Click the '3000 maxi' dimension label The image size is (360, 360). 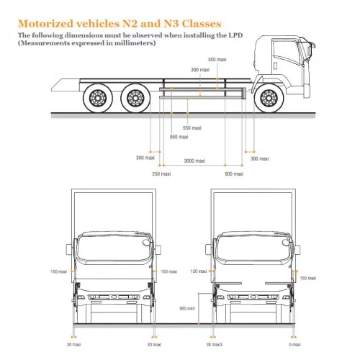coord(194,161)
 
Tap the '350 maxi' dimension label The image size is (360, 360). coord(217,60)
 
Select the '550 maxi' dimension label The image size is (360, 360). coord(192,128)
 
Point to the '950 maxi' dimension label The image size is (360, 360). coord(179,137)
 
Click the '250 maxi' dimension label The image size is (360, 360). coord(161,174)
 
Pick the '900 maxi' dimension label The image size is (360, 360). coord(234,174)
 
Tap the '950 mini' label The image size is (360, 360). coord(187,308)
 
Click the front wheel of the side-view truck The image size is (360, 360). coord(269,98)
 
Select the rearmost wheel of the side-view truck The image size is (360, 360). coord(98,98)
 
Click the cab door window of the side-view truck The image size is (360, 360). coord(286,52)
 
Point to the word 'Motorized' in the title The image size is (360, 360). coord(45,24)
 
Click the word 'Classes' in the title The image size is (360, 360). coord(202,24)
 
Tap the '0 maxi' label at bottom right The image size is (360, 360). coord(294,345)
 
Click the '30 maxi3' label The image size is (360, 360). coord(215,345)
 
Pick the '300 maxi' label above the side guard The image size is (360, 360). coord(200,70)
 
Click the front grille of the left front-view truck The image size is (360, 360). coord(114,297)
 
